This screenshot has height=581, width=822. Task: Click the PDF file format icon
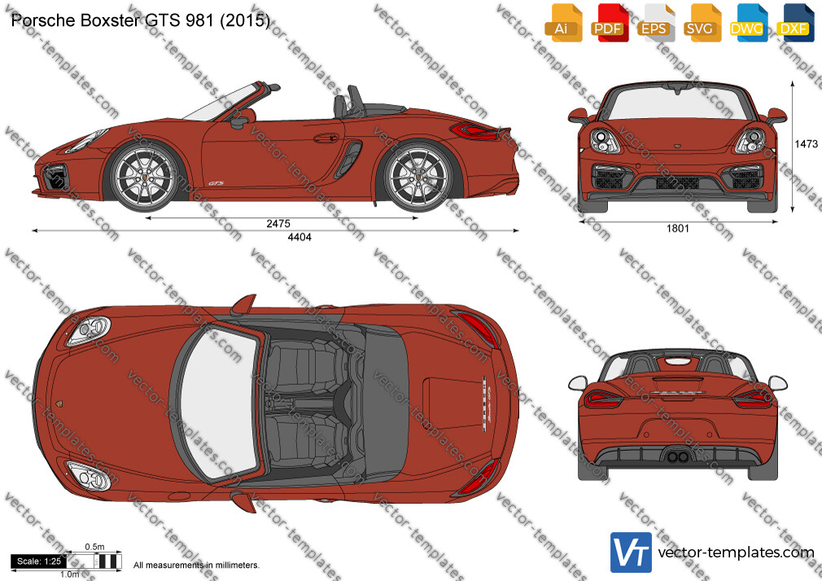click(x=608, y=23)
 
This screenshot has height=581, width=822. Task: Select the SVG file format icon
click(x=702, y=23)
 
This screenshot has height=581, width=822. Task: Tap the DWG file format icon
click(x=748, y=23)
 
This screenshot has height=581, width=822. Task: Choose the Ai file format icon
click(x=562, y=23)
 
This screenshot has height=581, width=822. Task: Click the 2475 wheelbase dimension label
click(x=278, y=224)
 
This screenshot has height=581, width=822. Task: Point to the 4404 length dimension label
click(x=300, y=237)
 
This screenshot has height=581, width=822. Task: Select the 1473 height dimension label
click(x=806, y=144)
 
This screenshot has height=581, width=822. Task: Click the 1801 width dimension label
click(x=677, y=228)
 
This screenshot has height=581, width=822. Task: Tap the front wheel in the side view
click(x=144, y=177)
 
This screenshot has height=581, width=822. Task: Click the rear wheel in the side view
click(x=418, y=177)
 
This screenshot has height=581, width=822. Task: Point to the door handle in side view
click(x=326, y=138)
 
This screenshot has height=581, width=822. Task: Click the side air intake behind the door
click(x=348, y=159)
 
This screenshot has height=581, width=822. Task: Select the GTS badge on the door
click(x=216, y=184)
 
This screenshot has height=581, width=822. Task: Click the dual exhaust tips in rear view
click(x=677, y=456)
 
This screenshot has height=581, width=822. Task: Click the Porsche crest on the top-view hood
click(x=59, y=404)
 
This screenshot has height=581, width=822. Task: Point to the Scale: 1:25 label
click(x=39, y=561)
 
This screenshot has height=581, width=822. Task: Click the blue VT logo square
click(x=632, y=553)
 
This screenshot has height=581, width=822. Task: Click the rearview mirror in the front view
click(x=677, y=87)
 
